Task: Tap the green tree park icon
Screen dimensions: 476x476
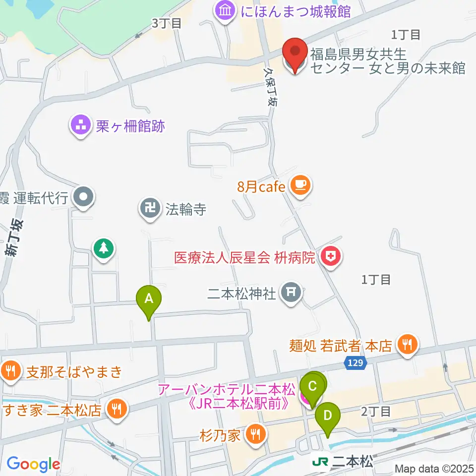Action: (104, 248)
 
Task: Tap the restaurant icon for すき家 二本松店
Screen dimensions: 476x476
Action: (117, 410)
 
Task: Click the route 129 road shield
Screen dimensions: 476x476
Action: (355, 363)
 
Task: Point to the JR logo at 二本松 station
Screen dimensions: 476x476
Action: (319, 462)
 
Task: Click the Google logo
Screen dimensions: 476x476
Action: (33, 464)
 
